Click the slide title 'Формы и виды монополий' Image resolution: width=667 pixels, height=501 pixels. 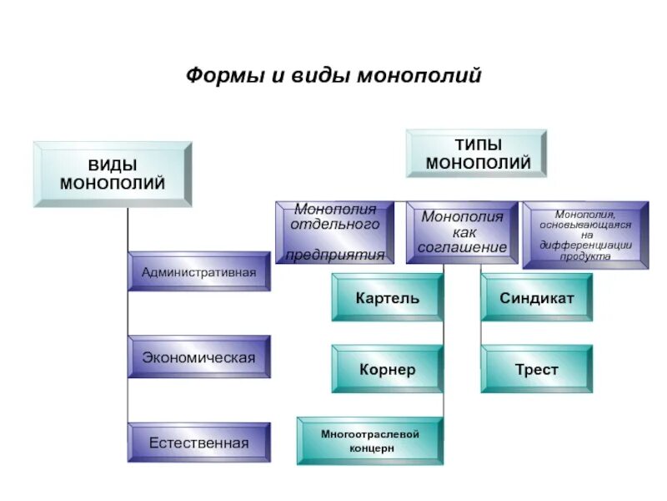click(333, 77)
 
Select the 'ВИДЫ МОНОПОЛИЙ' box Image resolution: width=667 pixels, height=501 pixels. click(112, 174)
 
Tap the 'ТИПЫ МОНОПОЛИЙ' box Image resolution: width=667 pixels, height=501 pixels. click(477, 154)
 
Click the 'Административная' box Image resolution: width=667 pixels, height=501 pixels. click(199, 272)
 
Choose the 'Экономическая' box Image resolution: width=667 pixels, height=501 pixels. click(199, 357)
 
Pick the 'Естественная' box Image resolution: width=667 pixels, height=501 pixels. click(199, 443)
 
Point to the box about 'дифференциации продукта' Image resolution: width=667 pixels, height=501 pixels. click(585, 235)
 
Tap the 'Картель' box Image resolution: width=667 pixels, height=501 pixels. click(387, 298)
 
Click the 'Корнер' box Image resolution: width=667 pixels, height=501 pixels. click(387, 369)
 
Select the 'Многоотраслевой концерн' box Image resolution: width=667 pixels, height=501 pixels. click(370, 441)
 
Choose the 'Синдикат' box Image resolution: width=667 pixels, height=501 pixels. click(537, 298)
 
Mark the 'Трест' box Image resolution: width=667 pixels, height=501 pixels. click(537, 369)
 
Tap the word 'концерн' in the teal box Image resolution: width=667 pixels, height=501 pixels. click(370, 448)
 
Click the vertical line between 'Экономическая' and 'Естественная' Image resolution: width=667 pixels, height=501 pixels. click(128, 401)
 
